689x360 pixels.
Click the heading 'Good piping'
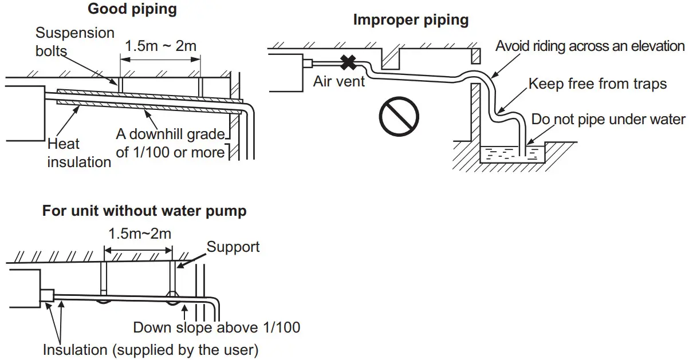tap(132, 9)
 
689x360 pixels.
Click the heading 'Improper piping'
tap(411, 20)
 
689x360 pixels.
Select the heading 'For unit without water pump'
tap(144, 211)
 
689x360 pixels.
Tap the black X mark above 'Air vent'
tap(347, 62)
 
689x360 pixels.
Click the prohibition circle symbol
tap(396, 116)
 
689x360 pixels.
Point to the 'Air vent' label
tap(339, 81)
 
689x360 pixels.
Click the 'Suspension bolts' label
tap(75, 41)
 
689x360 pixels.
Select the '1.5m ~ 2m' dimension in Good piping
tap(160, 46)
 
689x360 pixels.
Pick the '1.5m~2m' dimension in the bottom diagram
tap(140, 234)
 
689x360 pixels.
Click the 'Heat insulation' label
tap(79, 153)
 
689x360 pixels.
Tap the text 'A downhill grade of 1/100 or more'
tap(170, 143)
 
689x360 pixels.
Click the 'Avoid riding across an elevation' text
tap(590, 46)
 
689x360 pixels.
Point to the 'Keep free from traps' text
tap(597, 84)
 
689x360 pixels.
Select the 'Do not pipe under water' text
tap(608, 119)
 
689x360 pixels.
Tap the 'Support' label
tap(233, 247)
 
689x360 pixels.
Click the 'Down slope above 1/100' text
tap(216, 327)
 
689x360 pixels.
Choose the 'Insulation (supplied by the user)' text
tap(151, 349)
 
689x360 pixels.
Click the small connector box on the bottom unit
tap(46, 295)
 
